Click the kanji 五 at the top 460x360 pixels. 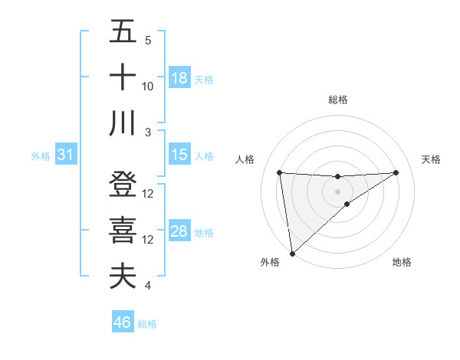(x=123, y=32)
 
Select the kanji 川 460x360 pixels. (x=123, y=123)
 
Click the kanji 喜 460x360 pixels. (x=123, y=231)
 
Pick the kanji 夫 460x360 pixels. (x=123, y=277)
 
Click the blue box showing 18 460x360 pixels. (x=179, y=78)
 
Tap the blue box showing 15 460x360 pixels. (x=179, y=155)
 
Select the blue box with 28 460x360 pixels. (x=179, y=231)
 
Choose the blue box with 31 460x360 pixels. (x=65, y=155)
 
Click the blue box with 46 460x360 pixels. (x=123, y=322)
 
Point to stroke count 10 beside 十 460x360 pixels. (x=148, y=87)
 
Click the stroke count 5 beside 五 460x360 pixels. (x=148, y=41)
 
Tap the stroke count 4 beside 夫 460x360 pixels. (x=148, y=286)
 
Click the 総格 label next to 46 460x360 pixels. (x=147, y=324)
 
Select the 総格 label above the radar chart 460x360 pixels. (x=338, y=100)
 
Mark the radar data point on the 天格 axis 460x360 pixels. (x=396, y=172)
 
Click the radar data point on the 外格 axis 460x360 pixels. (x=292, y=254)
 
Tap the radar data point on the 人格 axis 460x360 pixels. (x=280, y=172)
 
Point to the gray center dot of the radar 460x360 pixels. (x=338, y=191)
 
